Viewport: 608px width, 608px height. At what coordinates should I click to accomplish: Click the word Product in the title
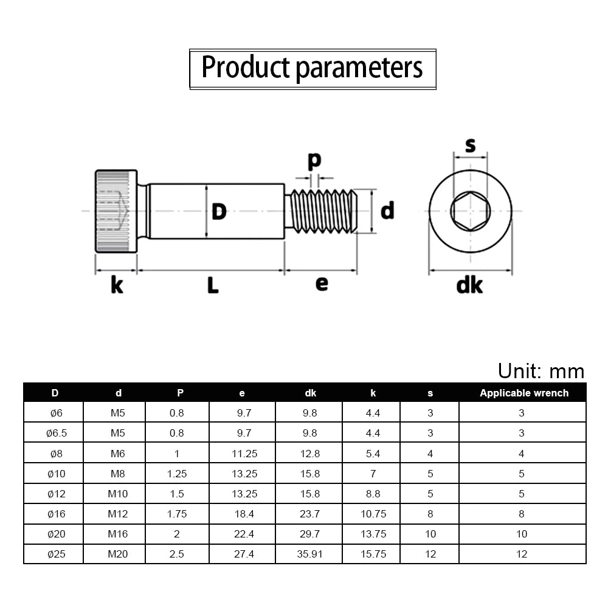[246, 67]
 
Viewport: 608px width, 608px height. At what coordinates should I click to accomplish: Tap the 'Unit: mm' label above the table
[541, 371]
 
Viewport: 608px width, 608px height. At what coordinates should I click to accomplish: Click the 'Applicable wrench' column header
[524, 393]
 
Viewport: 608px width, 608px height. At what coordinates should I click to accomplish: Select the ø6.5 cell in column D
[57, 433]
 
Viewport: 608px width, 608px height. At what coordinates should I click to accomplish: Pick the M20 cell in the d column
[118, 554]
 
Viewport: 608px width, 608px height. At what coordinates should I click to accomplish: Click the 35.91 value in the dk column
[310, 554]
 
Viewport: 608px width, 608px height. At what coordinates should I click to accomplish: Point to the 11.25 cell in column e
[244, 454]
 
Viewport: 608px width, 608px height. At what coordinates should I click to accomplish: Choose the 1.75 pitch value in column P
[177, 514]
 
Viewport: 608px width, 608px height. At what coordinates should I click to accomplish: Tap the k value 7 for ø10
[373, 474]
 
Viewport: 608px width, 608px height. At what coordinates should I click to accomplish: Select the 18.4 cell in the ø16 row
[244, 514]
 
